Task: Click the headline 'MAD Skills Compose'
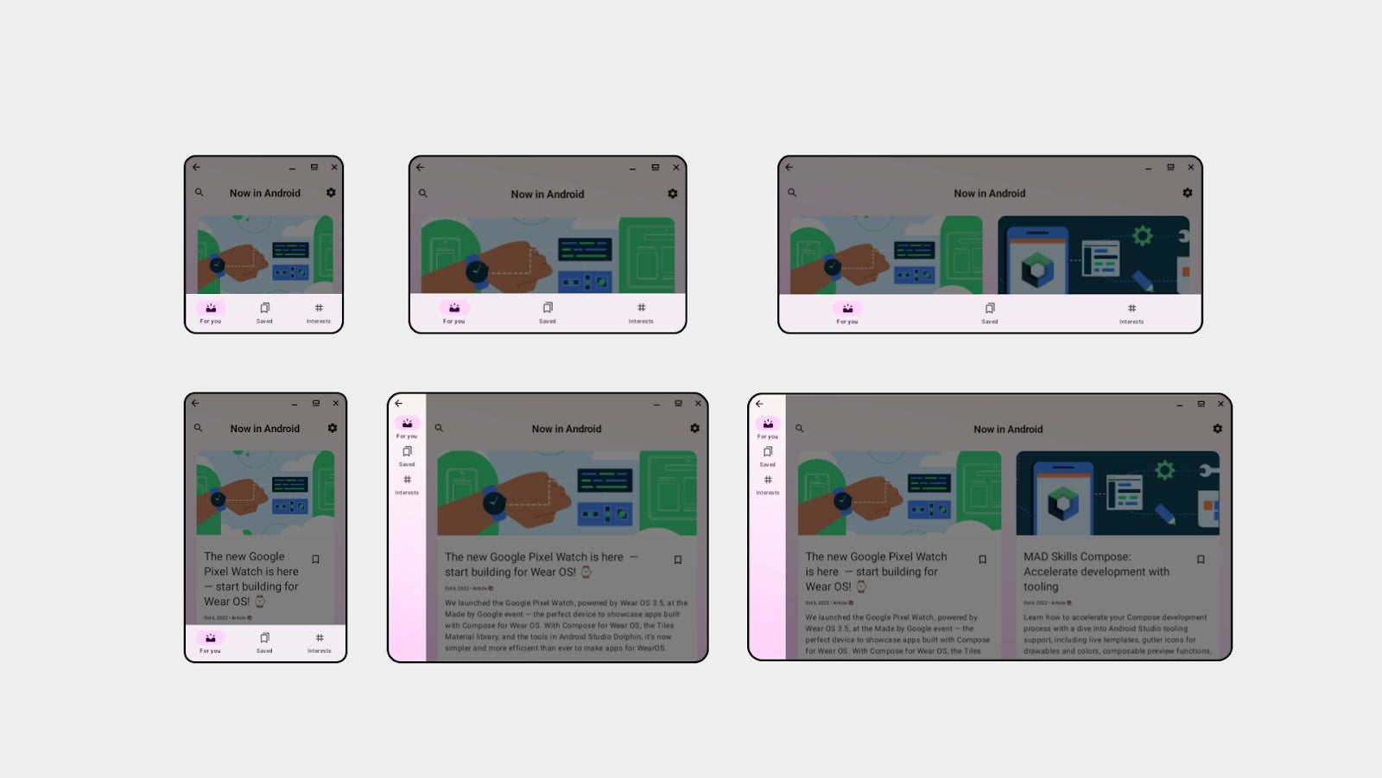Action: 1076,558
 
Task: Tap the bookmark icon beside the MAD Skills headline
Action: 1201,560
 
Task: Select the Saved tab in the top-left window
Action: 264,309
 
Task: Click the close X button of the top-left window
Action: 334,168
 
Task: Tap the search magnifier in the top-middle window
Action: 423,194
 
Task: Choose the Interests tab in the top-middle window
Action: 641,309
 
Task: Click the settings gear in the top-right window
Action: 1188,193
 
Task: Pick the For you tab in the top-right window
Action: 847,309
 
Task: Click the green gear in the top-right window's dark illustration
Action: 1143,235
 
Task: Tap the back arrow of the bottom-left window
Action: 196,404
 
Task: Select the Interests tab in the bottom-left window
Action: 319,639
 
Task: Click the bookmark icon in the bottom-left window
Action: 316,559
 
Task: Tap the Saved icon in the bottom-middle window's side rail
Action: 407,452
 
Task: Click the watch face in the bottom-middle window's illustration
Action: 494,502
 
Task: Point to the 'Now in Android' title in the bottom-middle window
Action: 567,429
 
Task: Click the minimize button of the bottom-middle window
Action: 656,404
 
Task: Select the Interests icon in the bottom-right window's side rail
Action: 768,481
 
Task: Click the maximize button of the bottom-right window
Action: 1201,404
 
